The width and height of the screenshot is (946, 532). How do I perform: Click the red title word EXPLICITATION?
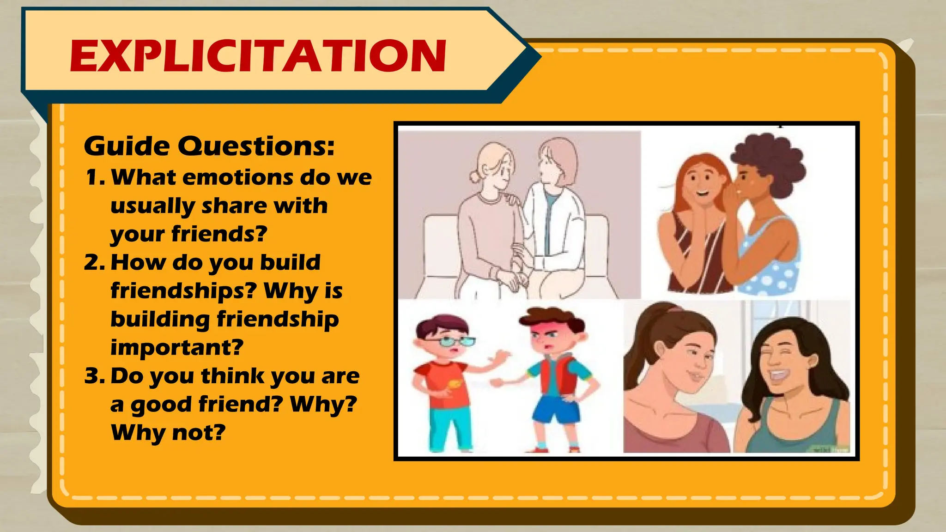258,56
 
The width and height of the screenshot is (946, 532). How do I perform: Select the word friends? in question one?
219,234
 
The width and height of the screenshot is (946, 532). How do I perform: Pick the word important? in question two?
176,347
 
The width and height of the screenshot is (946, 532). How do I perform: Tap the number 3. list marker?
95,376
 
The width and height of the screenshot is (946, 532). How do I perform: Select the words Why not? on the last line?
168,433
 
